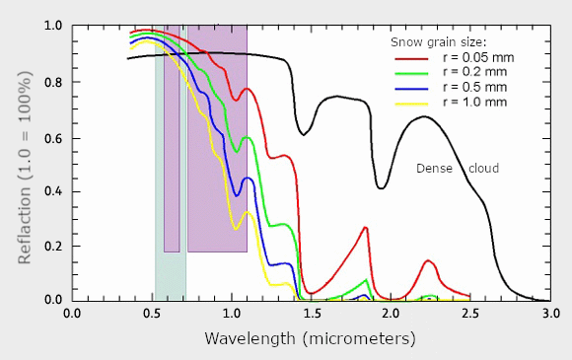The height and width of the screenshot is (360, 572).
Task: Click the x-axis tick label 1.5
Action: pos(312,314)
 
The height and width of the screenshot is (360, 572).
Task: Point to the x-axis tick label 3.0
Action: pos(550,314)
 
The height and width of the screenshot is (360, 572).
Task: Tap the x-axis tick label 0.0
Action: pos(72,314)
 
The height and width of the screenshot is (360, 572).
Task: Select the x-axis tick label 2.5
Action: pos(470,314)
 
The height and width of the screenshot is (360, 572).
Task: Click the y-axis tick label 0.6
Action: pos(51,137)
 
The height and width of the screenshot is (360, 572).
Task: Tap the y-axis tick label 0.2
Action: pos(51,246)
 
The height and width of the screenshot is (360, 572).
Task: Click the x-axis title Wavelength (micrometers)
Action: pos(311,339)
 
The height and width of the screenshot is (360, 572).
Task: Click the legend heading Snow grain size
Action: pos(438,42)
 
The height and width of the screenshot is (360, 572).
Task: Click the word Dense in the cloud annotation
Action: pos(433,169)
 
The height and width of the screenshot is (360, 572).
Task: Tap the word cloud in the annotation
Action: pos(482,169)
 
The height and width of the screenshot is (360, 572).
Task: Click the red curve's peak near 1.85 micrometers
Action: pos(365,228)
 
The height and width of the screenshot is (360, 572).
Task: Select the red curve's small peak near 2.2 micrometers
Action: pos(428,260)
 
